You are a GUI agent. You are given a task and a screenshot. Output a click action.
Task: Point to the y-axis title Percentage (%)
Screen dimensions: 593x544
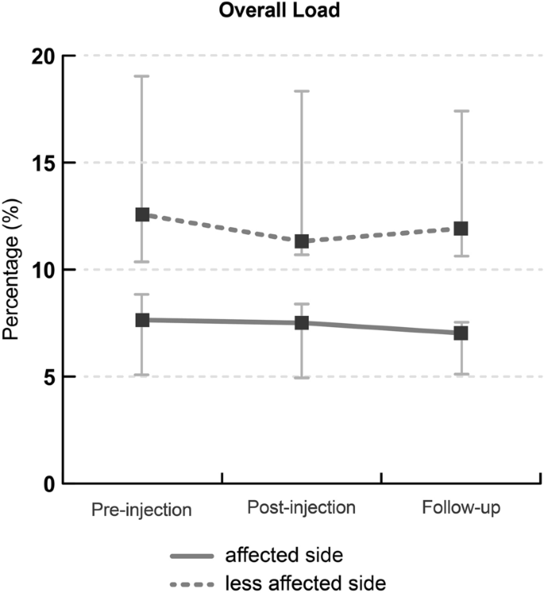click(x=13, y=271)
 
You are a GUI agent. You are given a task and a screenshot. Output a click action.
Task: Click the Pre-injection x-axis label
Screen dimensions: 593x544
click(x=141, y=509)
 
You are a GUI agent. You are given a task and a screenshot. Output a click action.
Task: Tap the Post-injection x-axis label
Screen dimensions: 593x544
click(x=301, y=506)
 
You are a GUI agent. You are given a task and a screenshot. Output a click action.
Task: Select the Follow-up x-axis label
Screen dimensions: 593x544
click(x=460, y=506)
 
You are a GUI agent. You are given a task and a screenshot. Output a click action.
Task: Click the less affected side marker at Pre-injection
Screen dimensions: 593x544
click(x=142, y=214)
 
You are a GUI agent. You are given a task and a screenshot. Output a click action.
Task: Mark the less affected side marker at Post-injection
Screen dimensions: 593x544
click(x=302, y=241)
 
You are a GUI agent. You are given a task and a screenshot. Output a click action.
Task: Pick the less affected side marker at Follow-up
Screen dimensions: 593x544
click(x=461, y=229)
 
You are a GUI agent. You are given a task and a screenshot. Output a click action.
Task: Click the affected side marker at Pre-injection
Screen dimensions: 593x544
click(x=142, y=320)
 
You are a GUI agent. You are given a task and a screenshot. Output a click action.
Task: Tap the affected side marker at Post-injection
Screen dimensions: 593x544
click(x=302, y=322)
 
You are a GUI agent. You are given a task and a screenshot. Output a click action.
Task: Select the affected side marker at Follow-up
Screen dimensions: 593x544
click(x=461, y=333)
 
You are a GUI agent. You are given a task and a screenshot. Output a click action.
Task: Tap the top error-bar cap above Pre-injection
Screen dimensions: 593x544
click(x=142, y=76)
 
